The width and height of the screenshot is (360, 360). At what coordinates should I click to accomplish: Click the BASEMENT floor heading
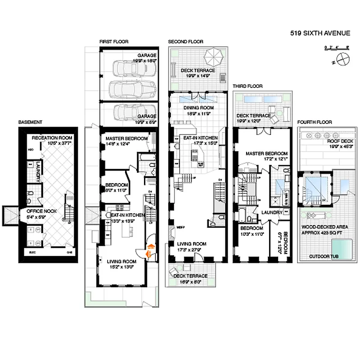(30, 122)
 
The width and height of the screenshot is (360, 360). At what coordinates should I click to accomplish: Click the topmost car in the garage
(128, 69)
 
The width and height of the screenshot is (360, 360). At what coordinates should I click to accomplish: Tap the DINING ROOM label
(198, 108)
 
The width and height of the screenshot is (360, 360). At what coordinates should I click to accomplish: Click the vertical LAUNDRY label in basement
(39, 171)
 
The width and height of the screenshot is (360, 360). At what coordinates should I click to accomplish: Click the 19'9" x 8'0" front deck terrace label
(190, 276)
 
